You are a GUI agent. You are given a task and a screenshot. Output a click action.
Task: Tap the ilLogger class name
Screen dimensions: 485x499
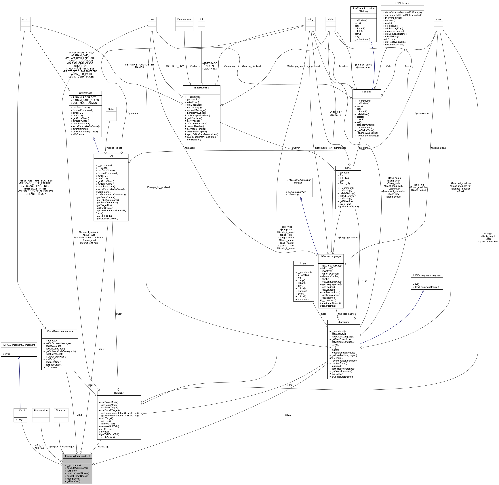tap(304, 263)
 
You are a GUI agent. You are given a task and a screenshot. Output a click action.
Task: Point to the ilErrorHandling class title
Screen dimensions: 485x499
tap(201, 88)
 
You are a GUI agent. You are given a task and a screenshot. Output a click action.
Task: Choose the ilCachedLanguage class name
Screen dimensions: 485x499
tap(331, 256)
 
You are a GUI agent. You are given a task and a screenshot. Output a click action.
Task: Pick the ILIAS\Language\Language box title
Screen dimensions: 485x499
tap(426, 275)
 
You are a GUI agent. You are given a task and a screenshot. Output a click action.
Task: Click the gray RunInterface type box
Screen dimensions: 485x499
tap(184, 19)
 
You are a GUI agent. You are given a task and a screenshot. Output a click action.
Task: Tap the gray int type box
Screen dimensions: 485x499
tap(201, 19)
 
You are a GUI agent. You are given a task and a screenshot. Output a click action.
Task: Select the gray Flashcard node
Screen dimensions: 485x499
tap(61, 410)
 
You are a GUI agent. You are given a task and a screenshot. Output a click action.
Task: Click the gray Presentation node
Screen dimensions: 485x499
tap(41, 410)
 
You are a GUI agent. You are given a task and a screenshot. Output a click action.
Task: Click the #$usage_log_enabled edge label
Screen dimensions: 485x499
tap(158, 187)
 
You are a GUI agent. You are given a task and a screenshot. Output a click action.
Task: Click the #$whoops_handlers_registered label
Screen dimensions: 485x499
tap(303, 66)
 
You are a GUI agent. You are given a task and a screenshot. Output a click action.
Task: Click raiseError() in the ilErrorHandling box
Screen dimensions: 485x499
tap(193, 102)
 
